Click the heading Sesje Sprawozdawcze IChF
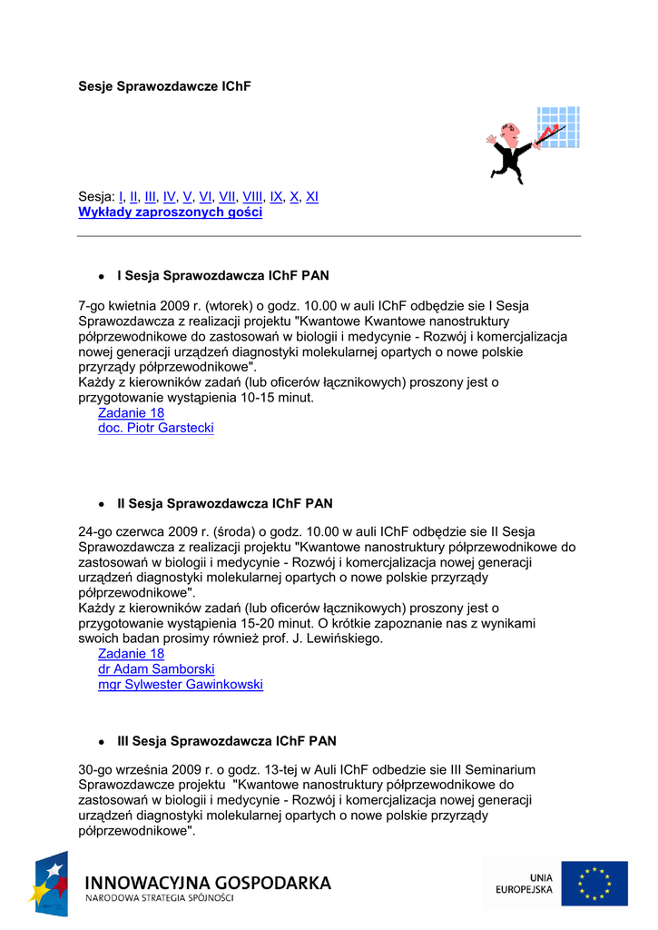(163, 86)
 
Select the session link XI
(312, 196)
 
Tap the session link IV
(169, 196)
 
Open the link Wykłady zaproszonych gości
(170, 213)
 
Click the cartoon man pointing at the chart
(510, 153)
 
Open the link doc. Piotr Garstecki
(156, 428)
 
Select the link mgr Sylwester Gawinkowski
(181, 685)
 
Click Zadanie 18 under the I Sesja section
(131, 412)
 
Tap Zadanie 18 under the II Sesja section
(131, 654)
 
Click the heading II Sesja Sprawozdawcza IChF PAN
(225, 503)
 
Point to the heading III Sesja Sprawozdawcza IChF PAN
(227, 741)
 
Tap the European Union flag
(594, 883)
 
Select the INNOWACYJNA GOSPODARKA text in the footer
(208, 883)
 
